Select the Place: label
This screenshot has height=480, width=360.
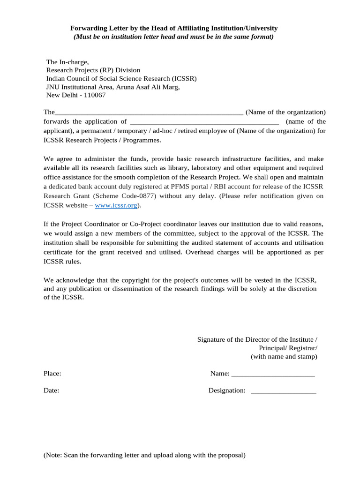[52, 374]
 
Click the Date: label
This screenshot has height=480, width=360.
[52, 390]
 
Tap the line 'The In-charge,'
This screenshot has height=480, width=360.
[67, 62]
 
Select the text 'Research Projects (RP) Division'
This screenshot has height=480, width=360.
[93, 70]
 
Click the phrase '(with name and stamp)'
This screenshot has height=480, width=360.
[284, 357]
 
